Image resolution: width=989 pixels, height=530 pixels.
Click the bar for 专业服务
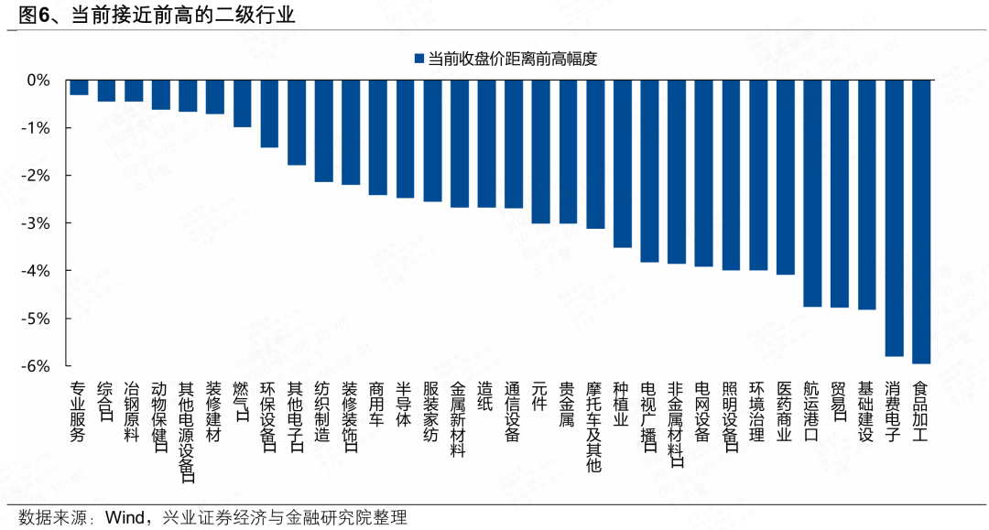[79, 88]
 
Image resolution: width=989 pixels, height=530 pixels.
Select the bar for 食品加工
[921, 222]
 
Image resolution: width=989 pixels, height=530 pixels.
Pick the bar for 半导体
[405, 139]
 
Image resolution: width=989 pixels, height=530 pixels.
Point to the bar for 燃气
[242, 103]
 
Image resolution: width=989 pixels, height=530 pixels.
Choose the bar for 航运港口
[812, 193]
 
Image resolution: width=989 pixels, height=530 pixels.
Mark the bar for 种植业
[622, 164]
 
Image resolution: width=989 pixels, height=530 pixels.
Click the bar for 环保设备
[269, 114]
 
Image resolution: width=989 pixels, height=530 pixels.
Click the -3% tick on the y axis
[38, 223]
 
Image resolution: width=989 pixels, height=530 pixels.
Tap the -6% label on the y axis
[38, 366]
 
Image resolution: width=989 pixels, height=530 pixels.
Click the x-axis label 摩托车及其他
[594, 427]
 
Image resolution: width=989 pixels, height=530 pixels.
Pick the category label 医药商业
[785, 412]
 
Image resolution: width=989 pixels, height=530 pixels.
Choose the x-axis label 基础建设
[866, 412]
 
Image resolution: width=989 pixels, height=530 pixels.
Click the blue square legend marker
[418, 59]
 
